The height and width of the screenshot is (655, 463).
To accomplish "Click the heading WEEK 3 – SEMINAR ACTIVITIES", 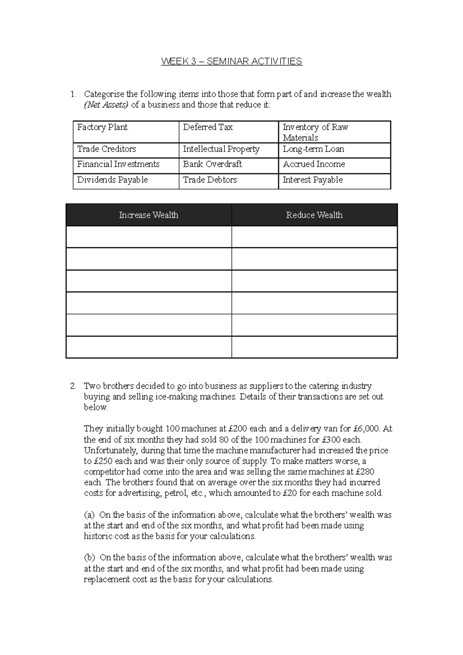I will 231,61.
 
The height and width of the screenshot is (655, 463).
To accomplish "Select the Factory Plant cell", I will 126,132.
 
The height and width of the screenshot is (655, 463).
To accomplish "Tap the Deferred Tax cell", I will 228,132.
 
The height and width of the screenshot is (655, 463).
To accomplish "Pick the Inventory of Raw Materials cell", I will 334,132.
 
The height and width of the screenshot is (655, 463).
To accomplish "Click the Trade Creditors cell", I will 126,150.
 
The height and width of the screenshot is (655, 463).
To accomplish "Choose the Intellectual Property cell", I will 228,150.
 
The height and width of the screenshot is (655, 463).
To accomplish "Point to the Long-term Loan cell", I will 334,150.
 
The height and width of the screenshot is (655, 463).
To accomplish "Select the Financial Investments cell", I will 126,165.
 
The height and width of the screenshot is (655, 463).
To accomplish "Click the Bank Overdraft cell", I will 228,165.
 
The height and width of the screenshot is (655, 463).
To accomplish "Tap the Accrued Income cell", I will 334,165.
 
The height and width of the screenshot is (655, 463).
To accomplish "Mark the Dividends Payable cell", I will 126,181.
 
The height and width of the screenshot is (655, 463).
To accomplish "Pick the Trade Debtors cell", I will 228,181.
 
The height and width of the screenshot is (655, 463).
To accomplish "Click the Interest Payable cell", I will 334,181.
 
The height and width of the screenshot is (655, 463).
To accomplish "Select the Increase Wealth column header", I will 149,215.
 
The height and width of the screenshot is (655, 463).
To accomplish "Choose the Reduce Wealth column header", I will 314,215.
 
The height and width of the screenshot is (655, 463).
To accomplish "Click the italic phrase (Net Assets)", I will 106,105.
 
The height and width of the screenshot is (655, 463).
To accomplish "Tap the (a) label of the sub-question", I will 89,515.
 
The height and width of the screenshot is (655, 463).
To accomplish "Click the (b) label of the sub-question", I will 90,558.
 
